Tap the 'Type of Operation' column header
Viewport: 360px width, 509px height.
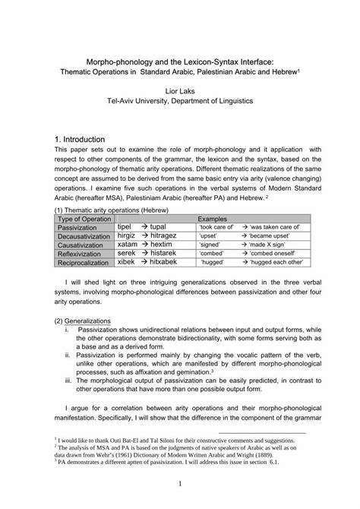point(85,217)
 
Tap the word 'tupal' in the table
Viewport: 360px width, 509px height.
point(158,227)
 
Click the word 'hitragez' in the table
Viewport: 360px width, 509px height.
point(164,236)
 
